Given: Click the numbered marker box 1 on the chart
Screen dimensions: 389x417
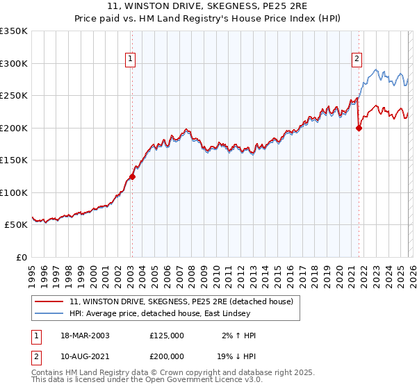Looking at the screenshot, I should [x=131, y=60].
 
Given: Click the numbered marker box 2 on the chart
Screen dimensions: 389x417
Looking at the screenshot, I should [x=357, y=60].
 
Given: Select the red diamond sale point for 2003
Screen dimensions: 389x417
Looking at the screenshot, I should [x=132, y=176].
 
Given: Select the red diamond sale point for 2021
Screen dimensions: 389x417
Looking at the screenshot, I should [x=359, y=128].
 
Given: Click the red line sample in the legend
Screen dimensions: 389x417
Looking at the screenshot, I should [x=49, y=301].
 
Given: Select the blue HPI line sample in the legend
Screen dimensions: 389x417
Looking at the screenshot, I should [x=49, y=313].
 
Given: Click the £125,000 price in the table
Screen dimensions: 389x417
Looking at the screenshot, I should [x=166, y=336].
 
